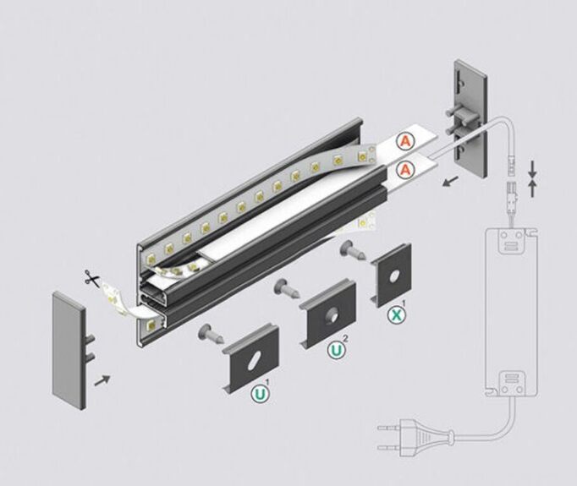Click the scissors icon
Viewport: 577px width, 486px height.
pos(91,278)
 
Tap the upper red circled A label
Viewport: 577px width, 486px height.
pos(405,142)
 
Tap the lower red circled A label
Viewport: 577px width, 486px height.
pos(405,170)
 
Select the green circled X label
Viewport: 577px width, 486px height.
pos(397,315)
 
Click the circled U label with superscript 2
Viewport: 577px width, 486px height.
pos(337,351)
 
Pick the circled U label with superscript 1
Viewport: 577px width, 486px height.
pos(260,394)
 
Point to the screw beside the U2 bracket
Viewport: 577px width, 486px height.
pos(287,288)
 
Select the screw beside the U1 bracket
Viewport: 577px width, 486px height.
pos(211,333)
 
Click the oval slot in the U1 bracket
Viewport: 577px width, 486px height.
pos(255,360)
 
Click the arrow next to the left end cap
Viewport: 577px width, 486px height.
pos(102,381)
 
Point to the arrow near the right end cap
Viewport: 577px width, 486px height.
pos(451,181)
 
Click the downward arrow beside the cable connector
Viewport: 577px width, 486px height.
pos(532,170)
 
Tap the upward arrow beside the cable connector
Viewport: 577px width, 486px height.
pos(532,188)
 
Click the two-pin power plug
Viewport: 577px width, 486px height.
pos(415,437)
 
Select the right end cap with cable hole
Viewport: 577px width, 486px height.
pos(470,119)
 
